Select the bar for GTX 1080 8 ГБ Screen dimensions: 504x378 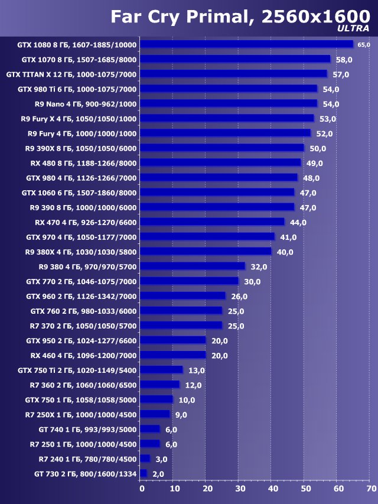247,44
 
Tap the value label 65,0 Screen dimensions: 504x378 363,45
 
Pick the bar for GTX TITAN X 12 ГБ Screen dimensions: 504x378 234,74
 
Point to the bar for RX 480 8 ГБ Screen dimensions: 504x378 221,162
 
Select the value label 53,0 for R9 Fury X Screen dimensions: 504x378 327,119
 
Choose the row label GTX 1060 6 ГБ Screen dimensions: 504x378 79,193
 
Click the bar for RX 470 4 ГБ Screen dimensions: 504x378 213,222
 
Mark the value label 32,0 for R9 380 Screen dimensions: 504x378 259,266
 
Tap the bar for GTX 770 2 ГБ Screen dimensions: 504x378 190,281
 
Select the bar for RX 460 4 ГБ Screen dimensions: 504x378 173,355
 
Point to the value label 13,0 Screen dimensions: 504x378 196,370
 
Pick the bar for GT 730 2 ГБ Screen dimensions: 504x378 144,473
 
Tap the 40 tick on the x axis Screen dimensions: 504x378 273,489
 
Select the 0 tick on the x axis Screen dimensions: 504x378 142,489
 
